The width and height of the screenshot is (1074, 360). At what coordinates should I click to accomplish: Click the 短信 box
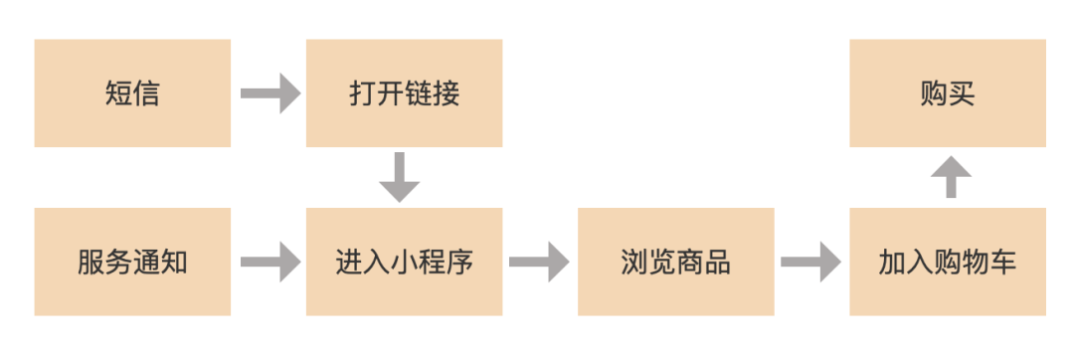tap(132, 93)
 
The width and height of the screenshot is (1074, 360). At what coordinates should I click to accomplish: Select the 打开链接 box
tap(404, 93)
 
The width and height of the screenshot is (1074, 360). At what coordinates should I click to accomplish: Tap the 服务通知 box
tap(132, 262)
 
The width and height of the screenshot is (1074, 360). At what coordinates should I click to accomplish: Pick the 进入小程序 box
tap(404, 262)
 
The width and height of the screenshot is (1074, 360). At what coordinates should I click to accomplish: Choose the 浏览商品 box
tap(675, 262)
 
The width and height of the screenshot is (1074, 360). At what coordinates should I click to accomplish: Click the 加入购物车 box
tap(948, 262)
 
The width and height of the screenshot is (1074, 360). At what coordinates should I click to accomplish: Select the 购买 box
tap(948, 93)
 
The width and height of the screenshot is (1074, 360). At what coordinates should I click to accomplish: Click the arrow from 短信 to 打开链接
tap(269, 94)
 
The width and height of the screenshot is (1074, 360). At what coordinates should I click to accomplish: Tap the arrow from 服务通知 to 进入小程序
tap(269, 263)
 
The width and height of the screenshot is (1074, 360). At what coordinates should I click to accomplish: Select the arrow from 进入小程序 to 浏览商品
tap(540, 263)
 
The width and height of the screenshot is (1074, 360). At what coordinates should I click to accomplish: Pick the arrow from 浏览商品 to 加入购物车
tap(811, 263)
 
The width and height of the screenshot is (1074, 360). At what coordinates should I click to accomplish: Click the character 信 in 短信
tap(146, 94)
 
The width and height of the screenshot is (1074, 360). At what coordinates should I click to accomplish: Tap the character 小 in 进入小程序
tap(404, 263)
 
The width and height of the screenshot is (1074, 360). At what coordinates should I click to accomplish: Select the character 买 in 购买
tap(962, 94)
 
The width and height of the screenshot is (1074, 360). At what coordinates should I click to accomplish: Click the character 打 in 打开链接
tap(362, 94)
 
